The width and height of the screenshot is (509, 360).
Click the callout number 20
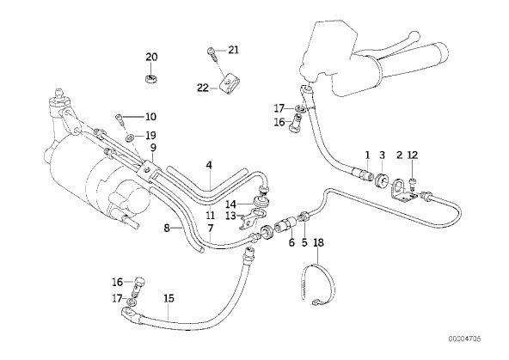point(151,57)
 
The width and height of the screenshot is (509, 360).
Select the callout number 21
point(233,50)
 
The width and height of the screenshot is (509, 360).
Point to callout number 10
point(150,117)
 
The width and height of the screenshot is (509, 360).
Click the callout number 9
point(153,148)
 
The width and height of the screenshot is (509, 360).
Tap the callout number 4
point(209,165)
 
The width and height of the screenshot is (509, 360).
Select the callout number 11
point(210,215)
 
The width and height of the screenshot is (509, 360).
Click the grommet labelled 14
point(261,202)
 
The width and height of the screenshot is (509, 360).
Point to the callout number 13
point(230,216)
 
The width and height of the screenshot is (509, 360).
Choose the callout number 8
point(167,229)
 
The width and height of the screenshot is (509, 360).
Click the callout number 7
point(211,229)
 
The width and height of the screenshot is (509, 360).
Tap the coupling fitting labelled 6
point(285,224)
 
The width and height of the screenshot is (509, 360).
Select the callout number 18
point(318,242)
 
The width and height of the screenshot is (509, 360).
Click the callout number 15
point(169,298)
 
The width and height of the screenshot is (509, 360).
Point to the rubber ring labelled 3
point(382,181)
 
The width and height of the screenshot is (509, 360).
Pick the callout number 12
point(413,155)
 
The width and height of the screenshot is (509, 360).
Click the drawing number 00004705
point(464,339)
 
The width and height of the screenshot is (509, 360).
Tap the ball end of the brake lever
point(414,34)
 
